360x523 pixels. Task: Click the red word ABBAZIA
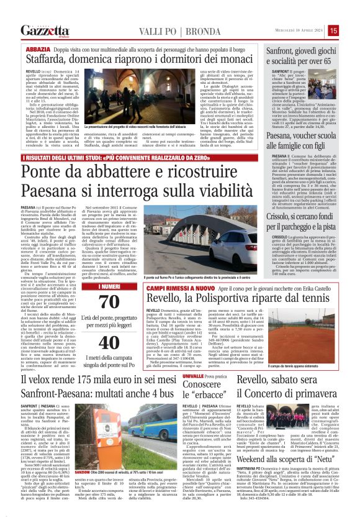[x=38, y=48]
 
